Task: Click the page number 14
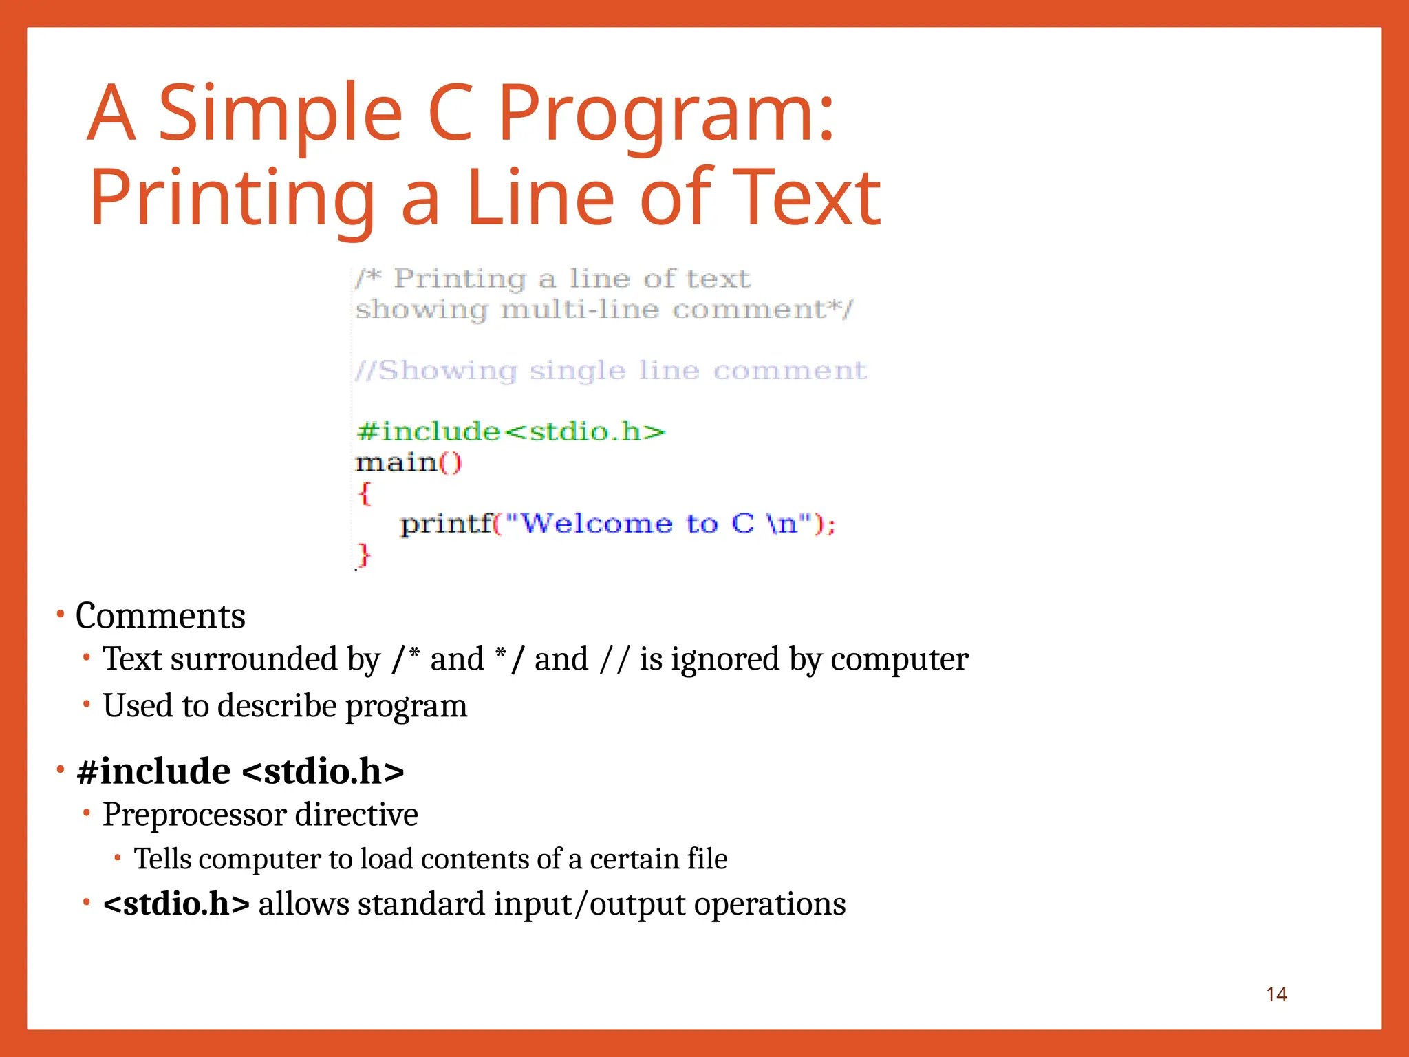pos(1276,994)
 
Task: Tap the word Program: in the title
pos(665,114)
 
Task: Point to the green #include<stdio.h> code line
pos(510,432)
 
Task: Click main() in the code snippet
pos(409,462)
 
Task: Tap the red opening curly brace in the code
pos(365,493)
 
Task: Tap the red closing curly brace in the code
pos(364,555)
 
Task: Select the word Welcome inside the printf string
pos(596,524)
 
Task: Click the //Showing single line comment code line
pos(611,371)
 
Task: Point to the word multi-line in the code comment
pos(579,310)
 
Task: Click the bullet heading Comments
pos(160,616)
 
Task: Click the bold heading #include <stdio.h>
pos(240,771)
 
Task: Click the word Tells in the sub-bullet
pos(162,860)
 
